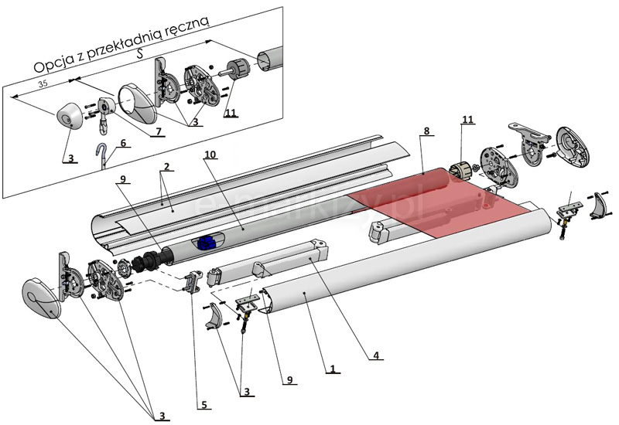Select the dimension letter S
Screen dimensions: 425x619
[139, 53]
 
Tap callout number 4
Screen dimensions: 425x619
[374, 355]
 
